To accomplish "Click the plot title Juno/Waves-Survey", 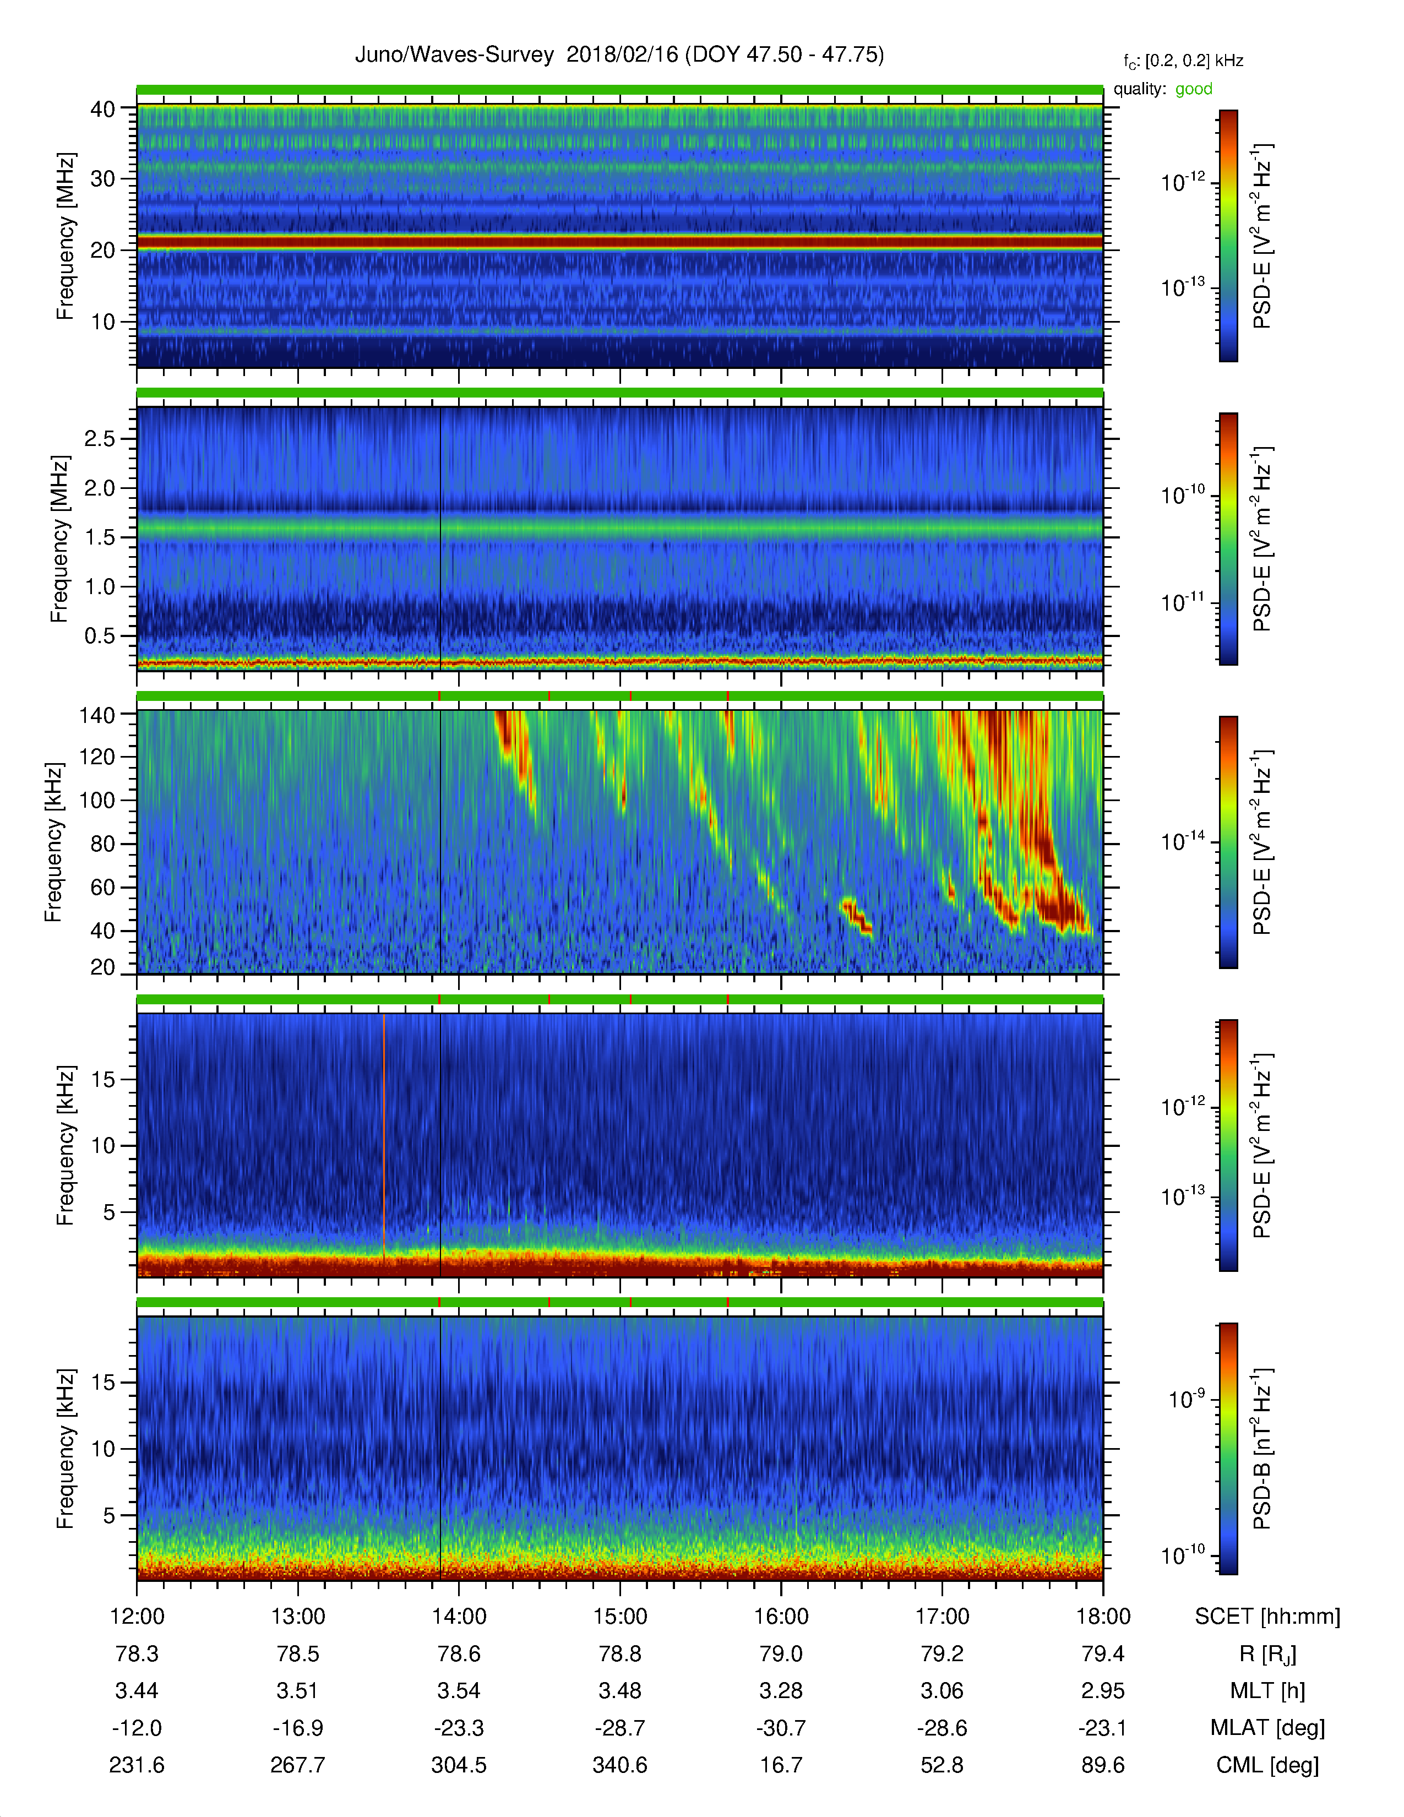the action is point(454,55).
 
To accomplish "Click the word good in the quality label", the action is point(1194,89).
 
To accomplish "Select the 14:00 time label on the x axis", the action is point(459,1617).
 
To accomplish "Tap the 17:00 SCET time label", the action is point(943,1617).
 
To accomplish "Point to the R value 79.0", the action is point(781,1654).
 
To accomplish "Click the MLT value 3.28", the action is point(781,1690).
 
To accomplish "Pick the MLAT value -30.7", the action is point(781,1728).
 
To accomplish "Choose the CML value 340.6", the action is point(619,1765).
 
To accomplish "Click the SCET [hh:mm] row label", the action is point(1267,1617).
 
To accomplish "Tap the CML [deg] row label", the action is point(1267,1765).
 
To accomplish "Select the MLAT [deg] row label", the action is point(1267,1728).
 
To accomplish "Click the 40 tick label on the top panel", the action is point(102,109).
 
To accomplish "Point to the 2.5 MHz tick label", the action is point(100,438).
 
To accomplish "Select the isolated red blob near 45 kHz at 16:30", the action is point(856,915).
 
